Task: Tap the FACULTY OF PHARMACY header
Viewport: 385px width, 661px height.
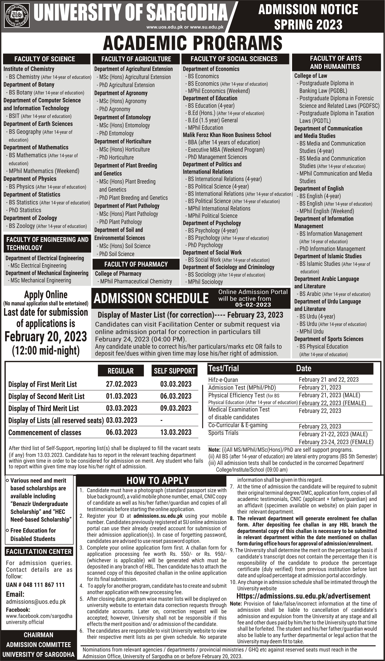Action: click(x=136, y=264)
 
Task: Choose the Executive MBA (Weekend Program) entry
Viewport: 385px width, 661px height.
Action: click(x=226, y=150)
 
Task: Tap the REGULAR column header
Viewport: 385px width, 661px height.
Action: click(x=121, y=371)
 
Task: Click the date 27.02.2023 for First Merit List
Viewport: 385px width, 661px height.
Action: click(x=121, y=384)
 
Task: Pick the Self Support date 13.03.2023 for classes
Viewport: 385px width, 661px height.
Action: click(x=176, y=432)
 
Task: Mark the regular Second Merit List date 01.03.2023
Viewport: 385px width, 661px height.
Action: click(x=121, y=396)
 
